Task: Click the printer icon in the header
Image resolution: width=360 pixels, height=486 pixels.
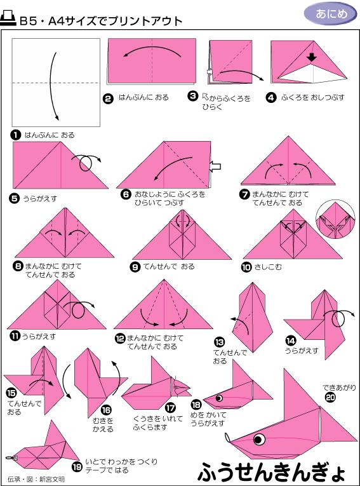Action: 9,20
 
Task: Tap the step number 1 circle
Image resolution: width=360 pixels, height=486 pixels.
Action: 16,135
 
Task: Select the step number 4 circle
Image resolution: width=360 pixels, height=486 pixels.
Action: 271,98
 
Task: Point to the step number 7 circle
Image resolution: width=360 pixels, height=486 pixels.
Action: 244,194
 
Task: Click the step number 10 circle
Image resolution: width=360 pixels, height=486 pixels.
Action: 246,267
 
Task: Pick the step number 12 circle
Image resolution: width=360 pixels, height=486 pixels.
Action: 119,339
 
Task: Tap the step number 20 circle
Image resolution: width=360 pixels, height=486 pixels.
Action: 330,398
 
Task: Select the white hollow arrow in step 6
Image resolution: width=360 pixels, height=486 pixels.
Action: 216,166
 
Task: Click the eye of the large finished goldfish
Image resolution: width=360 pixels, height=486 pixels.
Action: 259,439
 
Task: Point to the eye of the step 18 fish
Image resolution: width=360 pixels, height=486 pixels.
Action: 220,398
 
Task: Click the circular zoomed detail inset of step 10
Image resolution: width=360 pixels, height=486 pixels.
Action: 338,220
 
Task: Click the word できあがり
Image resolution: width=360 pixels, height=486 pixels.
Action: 341,387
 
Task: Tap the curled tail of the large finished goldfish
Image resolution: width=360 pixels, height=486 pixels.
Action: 227,437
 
